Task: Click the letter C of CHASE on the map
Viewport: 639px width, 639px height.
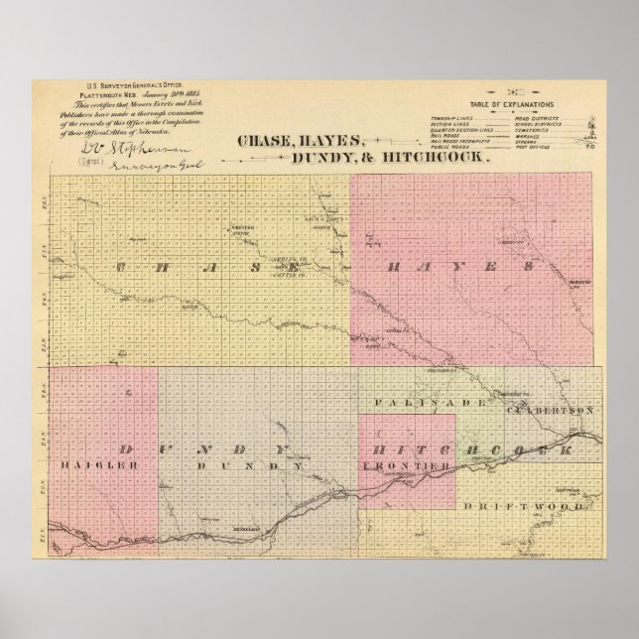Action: [x=123, y=267]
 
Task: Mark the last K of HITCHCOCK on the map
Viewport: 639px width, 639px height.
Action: [x=568, y=449]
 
